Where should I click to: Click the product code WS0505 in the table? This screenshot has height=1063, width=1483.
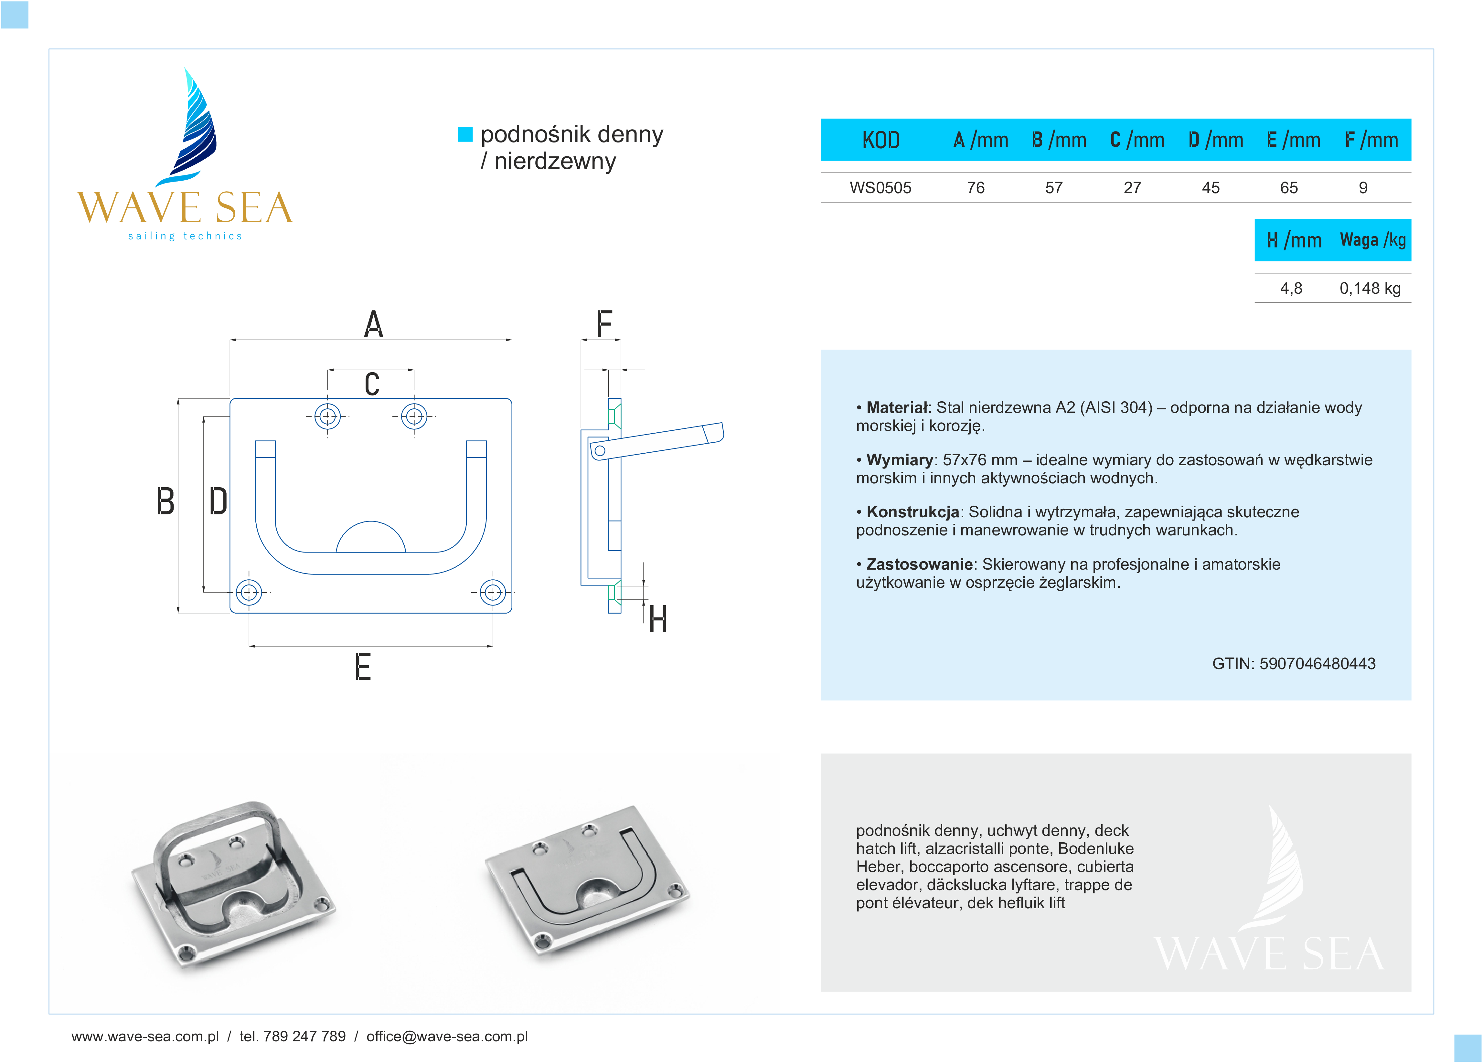(880, 188)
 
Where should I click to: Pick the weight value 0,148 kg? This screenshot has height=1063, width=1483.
(1370, 288)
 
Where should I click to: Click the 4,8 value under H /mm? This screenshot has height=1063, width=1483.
(1291, 288)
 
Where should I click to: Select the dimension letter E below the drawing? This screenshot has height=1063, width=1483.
(363, 668)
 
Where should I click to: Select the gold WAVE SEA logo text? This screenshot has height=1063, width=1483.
(185, 208)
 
